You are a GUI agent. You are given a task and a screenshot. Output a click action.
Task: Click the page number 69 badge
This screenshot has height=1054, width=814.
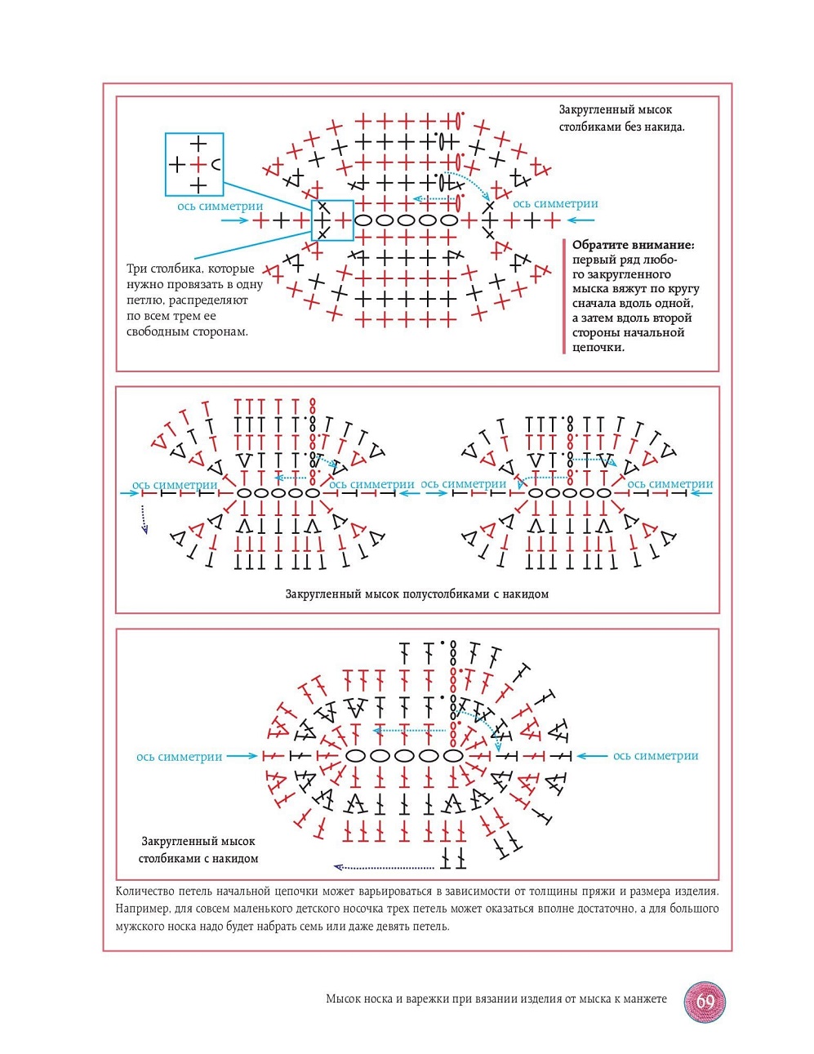705,1002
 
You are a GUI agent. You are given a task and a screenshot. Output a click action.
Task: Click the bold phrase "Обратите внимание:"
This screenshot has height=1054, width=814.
633,245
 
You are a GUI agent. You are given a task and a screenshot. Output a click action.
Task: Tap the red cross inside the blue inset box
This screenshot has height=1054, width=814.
198,164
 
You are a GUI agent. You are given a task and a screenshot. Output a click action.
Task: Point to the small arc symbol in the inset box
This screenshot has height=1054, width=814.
216,164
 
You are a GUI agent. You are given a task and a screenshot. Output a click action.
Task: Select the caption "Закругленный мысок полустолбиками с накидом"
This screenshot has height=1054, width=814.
416,594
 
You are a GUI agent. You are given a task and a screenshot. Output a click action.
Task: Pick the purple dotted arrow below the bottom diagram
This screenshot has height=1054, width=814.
384,867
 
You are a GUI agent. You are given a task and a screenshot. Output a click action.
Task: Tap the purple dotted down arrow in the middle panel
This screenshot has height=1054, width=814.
145,519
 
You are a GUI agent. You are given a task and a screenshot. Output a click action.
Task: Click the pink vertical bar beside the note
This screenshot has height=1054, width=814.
563,296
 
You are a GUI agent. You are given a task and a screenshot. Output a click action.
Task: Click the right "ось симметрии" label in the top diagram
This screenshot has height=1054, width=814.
555,204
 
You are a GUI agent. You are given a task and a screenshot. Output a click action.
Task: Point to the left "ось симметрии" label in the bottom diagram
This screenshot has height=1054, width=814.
180,757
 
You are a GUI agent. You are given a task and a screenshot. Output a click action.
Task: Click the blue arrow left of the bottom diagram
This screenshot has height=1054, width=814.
242,756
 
